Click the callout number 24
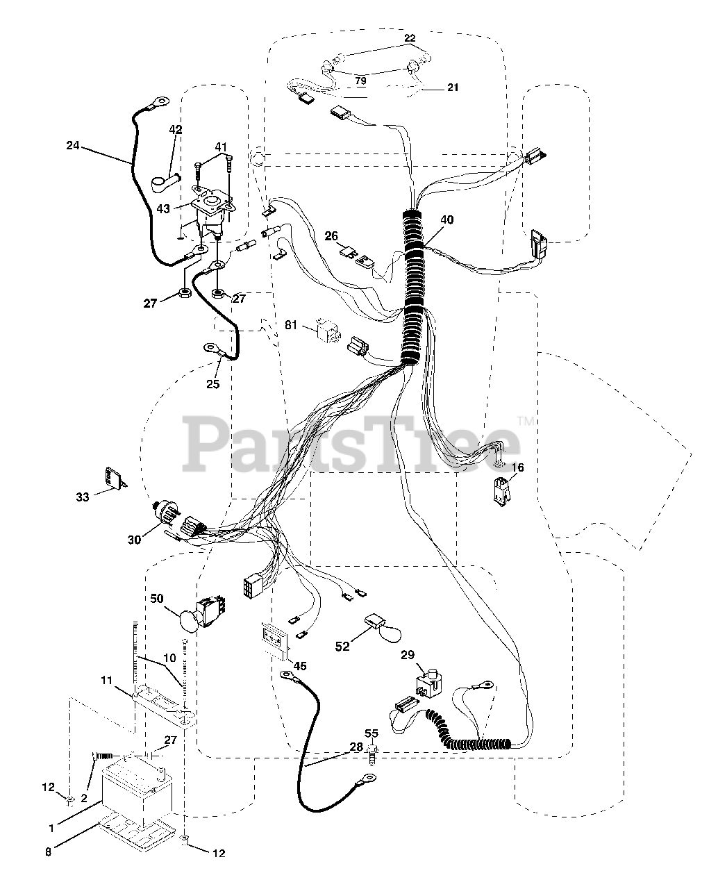click(x=73, y=146)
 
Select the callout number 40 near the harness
click(x=446, y=220)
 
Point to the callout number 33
click(x=83, y=497)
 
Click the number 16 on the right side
click(x=517, y=467)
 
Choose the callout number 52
click(x=342, y=646)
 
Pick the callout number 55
click(x=371, y=733)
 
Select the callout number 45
click(x=300, y=666)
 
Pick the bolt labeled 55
click(x=371, y=755)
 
